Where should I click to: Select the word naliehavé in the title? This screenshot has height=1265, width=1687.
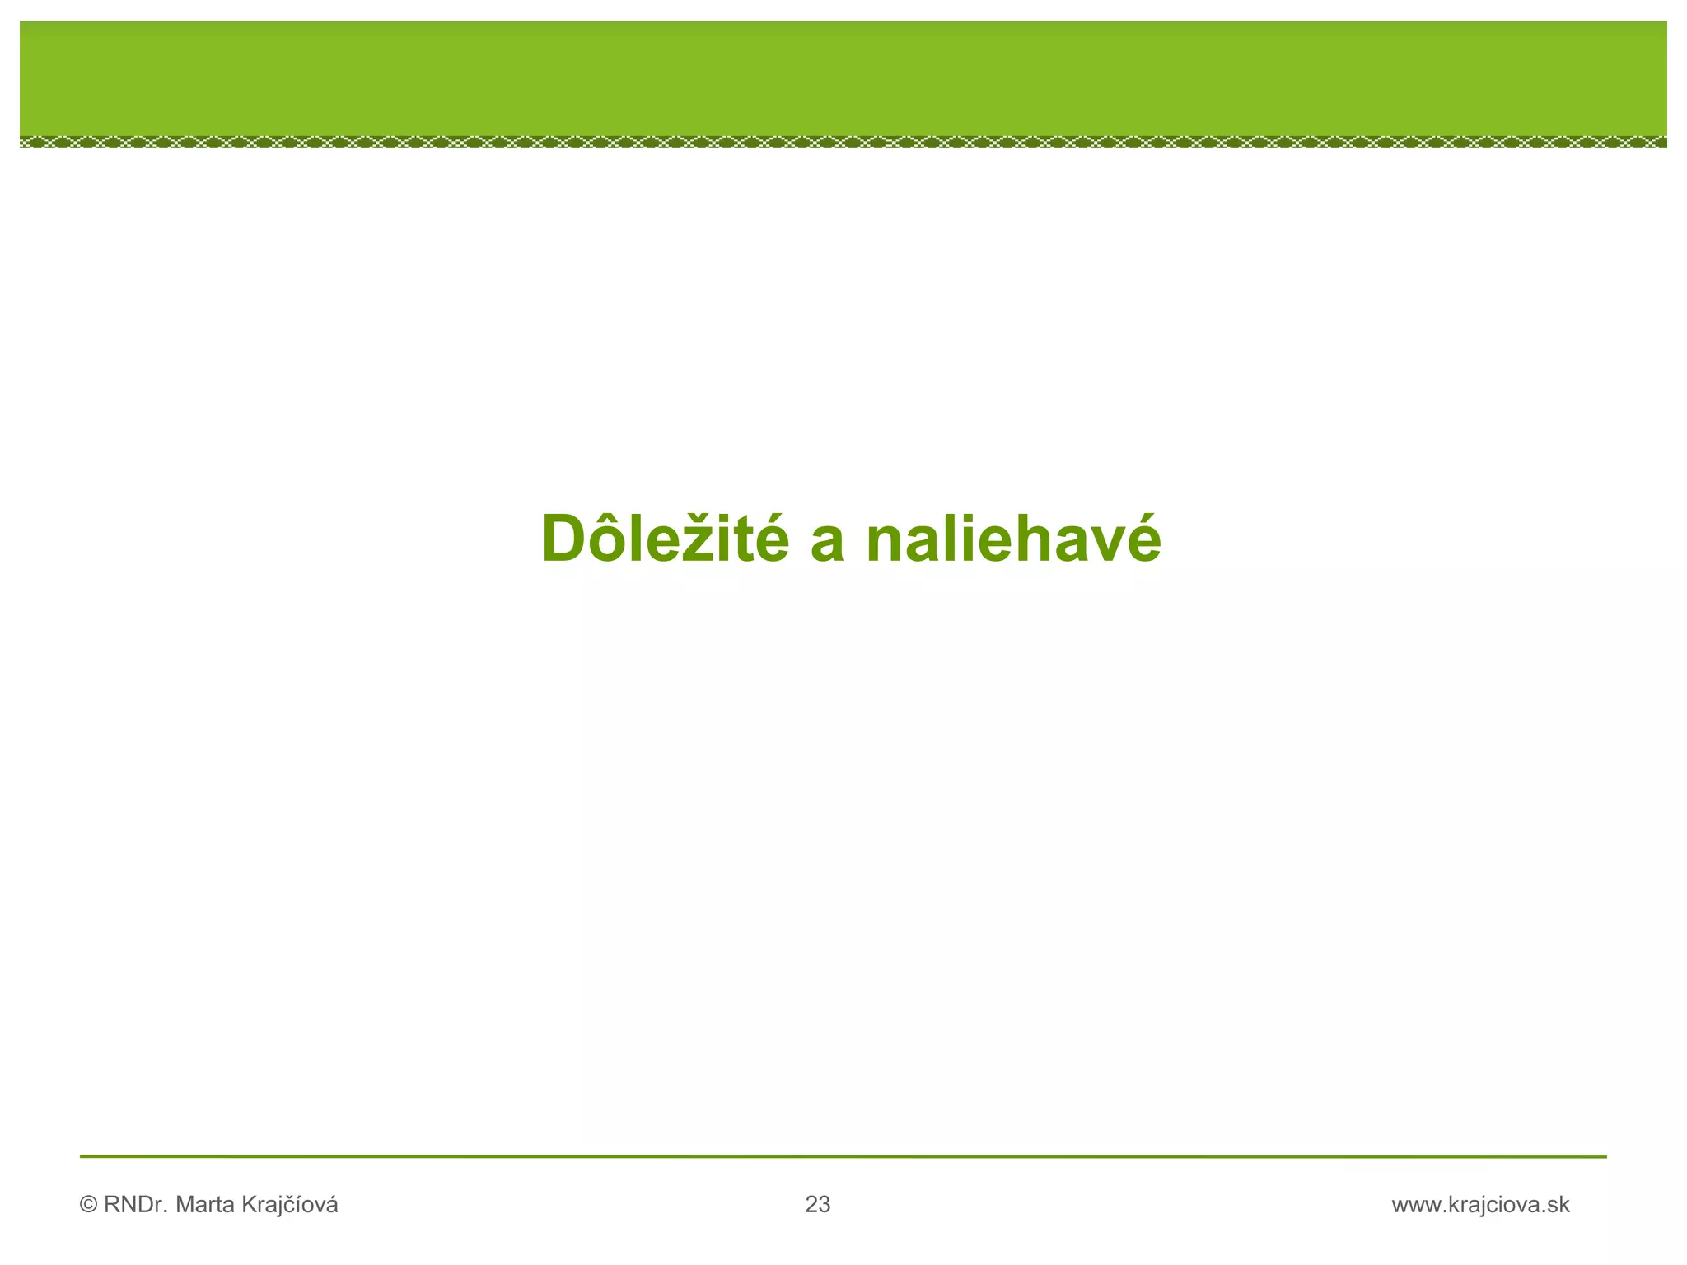coord(1013,539)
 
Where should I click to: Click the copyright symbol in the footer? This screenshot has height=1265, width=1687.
coord(88,1206)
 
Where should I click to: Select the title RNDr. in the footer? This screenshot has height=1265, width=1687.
coord(137,1206)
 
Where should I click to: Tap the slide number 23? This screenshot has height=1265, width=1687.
coord(818,1206)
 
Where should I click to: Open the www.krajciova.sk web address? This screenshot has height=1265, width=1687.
coord(1480,1206)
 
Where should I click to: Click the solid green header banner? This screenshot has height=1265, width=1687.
coord(843,78)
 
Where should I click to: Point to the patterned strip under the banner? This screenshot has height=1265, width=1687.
coord(843,142)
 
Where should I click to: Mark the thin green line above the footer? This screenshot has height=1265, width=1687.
coord(843,1157)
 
